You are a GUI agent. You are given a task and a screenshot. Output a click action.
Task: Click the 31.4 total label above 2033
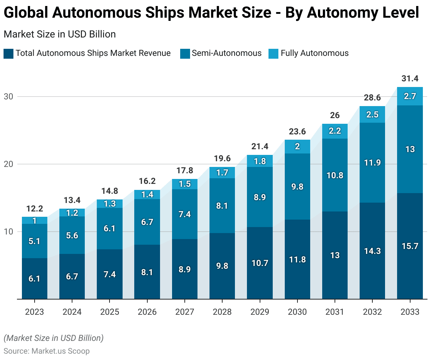(x=410, y=79)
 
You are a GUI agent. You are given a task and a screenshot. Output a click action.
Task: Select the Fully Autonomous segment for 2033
(x=410, y=96)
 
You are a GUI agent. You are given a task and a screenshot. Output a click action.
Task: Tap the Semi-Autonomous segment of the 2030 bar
(x=297, y=186)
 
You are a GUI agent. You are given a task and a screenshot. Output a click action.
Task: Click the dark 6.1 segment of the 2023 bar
(x=35, y=278)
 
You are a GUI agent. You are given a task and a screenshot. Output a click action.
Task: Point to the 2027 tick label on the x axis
(x=185, y=312)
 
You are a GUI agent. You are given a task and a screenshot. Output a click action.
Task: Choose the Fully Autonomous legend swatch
(x=273, y=54)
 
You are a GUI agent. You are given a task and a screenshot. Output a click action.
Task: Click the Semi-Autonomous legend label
(x=226, y=53)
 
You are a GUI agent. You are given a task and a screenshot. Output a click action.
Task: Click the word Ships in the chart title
(x=165, y=13)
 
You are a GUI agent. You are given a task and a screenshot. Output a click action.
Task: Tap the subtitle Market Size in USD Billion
(x=60, y=34)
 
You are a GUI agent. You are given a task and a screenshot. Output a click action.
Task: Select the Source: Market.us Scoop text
(x=47, y=351)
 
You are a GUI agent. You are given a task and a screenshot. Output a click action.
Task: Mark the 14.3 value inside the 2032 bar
(x=372, y=251)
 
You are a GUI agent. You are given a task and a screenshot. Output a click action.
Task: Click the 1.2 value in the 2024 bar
(x=72, y=213)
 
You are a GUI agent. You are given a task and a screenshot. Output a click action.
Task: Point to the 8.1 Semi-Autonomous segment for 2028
(x=222, y=205)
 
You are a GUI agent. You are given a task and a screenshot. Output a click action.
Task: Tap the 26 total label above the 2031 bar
(x=335, y=115)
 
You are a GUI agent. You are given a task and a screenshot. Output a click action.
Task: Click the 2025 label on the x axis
(x=110, y=312)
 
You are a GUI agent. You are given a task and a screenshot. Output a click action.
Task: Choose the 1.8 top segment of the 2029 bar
(x=260, y=161)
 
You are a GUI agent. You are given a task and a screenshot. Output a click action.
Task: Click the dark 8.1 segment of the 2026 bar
(x=147, y=272)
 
